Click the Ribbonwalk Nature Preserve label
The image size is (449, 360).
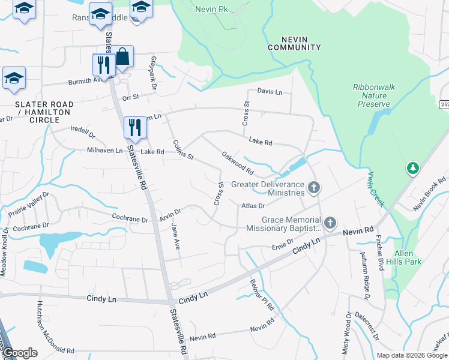pyautogui.click(x=373, y=95)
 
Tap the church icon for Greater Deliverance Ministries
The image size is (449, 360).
pyautogui.click(x=313, y=189)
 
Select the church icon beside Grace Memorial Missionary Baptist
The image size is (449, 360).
pyautogui.click(x=330, y=224)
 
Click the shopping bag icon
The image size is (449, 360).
pyautogui.click(x=122, y=57)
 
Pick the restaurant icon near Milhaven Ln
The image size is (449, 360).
pyautogui.click(x=134, y=127)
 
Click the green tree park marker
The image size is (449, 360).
pyautogui.click(x=412, y=169)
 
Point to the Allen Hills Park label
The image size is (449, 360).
pyautogui.click(x=408, y=257)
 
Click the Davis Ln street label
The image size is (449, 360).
pyautogui.click(x=270, y=92)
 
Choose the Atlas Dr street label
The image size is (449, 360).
pyautogui.click(x=253, y=206)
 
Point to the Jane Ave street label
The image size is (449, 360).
pyautogui.click(x=176, y=236)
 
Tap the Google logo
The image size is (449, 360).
pyautogui.click(x=20, y=353)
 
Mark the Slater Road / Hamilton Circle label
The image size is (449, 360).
pyautogui.click(x=44, y=112)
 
